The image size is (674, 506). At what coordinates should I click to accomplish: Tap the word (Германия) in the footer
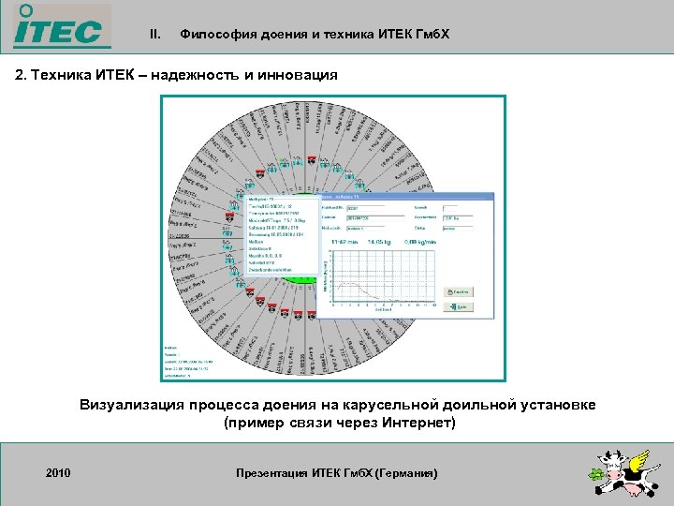[x=405, y=473]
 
